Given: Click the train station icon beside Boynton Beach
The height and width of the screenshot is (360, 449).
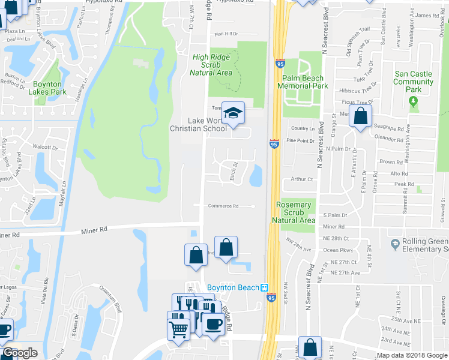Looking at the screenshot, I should click(264, 287).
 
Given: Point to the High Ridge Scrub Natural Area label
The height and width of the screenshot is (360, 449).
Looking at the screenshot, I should click(211, 65).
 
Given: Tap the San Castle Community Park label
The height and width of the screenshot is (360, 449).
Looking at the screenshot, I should click(413, 82).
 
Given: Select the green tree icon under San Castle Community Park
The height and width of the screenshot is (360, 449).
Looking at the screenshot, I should click(413, 102).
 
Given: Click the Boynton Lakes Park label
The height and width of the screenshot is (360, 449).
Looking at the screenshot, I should click(49, 88).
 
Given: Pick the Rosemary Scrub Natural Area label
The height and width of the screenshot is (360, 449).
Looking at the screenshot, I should click(294, 212).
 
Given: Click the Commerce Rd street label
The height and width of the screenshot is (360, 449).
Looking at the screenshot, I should click(223, 206).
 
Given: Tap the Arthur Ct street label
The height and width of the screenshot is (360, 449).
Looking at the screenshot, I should click(302, 179).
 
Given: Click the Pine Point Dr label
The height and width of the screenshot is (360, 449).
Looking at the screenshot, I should click(301, 140).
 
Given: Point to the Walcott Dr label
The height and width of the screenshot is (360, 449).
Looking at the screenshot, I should click(44, 146).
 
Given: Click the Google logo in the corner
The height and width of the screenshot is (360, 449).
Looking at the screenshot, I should click(20, 353).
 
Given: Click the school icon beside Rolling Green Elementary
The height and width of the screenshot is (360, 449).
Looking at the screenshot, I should click(395, 244).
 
